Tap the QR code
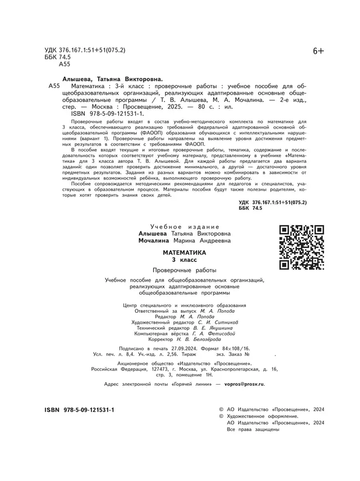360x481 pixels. point(301,247)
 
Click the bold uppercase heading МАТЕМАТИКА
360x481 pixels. point(184,252)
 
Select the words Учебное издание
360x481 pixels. point(185,227)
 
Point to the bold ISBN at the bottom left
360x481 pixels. point(79,410)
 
